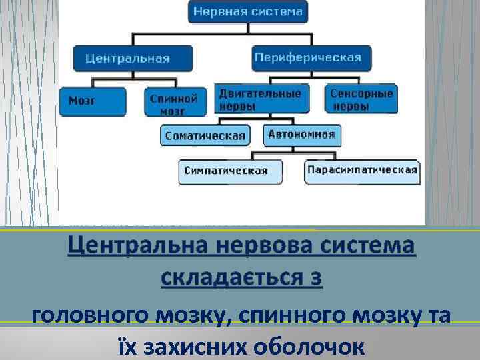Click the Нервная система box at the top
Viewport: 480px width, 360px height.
(x=248, y=11)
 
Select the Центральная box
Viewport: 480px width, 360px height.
(x=133, y=58)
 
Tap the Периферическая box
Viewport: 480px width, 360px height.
(x=308, y=57)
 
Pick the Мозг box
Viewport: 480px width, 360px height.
(x=91, y=101)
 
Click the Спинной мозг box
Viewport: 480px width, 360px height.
(x=173, y=103)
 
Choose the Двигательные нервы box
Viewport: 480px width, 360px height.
(x=265, y=99)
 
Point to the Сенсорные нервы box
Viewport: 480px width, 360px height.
(x=361, y=99)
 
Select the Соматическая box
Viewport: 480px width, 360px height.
(x=205, y=135)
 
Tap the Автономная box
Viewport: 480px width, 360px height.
(x=301, y=135)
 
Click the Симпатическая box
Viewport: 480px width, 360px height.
(x=225, y=170)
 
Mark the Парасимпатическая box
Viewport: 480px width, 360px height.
(x=362, y=169)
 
